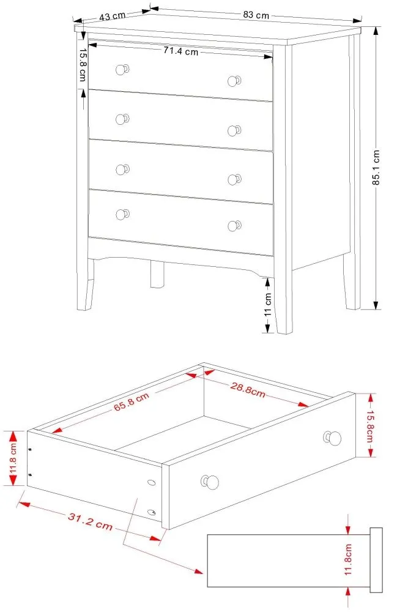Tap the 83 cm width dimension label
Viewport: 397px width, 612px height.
(256, 14)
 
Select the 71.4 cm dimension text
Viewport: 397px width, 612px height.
(180, 52)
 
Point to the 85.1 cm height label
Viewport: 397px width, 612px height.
(377, 168)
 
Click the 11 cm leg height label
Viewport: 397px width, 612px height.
(267, 304)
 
